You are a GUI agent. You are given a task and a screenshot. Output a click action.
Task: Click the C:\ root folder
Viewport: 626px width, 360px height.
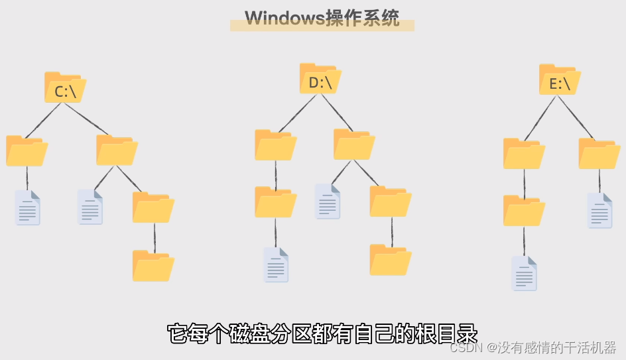(x=65, y=88)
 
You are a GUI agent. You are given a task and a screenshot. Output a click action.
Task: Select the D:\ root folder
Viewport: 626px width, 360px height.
(x=320, y=80)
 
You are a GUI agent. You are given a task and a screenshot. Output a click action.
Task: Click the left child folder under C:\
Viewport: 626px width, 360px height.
(x=27, y=151)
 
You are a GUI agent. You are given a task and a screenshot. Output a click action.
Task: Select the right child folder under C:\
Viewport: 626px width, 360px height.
(x=117, y=150)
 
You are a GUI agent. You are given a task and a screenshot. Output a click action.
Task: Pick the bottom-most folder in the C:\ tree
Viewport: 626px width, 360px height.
(x=153, y=266)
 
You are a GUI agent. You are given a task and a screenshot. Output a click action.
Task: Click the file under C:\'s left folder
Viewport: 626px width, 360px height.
(x=28, y=208)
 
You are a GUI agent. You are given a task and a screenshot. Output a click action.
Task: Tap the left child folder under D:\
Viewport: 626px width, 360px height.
(x=275, y=145)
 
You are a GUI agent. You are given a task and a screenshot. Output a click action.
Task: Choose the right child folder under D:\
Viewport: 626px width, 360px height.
(x=354, y=145)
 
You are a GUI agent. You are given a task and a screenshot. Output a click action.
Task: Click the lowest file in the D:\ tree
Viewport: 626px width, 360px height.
(x=276, y=265)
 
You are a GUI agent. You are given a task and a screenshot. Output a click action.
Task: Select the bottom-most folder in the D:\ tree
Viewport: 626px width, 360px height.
(x=391, y=260)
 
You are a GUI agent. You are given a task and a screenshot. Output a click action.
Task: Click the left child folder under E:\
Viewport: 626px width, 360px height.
(x=524, y=154)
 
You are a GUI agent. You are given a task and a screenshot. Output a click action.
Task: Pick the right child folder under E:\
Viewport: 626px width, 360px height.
(x=599, y=154)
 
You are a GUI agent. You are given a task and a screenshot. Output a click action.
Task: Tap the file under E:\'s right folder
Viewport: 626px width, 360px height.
(x=599, y=211)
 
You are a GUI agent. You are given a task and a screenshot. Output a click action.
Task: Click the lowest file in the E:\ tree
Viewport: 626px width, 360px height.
(x=524, y=273)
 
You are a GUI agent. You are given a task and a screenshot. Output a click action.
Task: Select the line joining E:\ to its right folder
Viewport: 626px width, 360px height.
(x=580, y=117)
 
